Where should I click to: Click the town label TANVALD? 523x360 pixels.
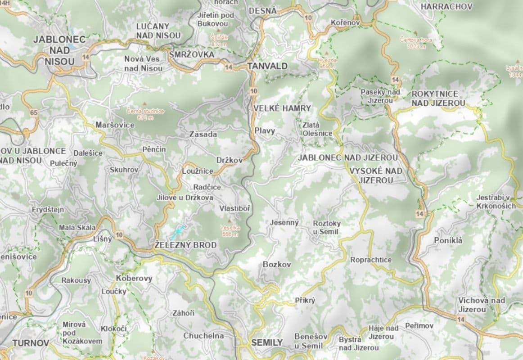(x=267, y=66)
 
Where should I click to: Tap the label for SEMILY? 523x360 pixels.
(x=267, y=342)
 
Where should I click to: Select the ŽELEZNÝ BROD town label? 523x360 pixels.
(x=185, y=245)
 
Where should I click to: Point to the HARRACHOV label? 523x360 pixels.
(x=446, y=7)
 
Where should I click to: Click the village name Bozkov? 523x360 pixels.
(x=277, y=265)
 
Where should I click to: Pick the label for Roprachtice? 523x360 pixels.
(x=371, y=260)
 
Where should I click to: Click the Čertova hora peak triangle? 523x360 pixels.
(x=415, y=33)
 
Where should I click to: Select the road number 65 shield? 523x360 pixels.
(x=34, y=112)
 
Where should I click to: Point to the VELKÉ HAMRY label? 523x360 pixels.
(x=282, y=108)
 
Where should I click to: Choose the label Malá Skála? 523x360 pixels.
(x=76, y=228)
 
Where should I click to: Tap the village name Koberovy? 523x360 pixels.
(x=134, y=278)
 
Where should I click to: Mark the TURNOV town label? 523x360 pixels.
(x=31, y=343)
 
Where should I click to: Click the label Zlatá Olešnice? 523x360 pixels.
(x=317, y=130)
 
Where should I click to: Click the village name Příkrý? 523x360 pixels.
(x=305, y=300)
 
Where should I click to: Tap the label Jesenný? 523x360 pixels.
(x=284, y=222)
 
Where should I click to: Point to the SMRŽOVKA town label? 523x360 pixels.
(x=191, y=54)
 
